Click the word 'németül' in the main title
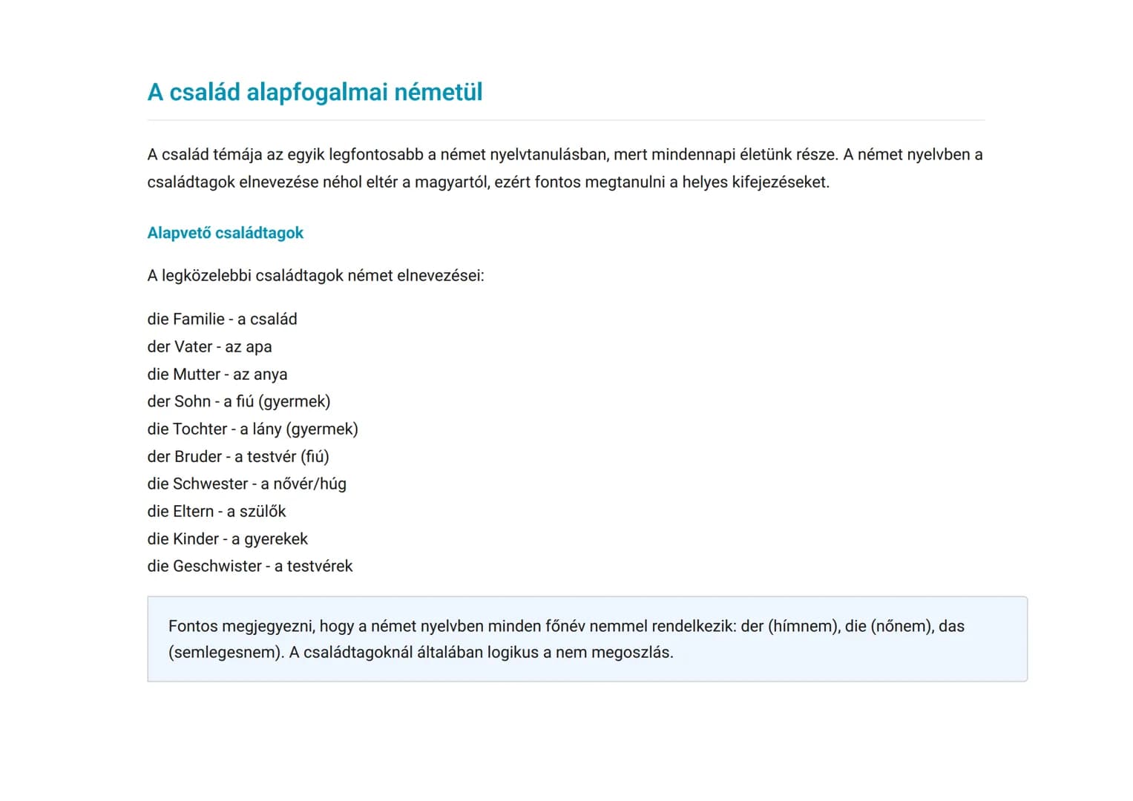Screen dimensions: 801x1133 click(438, 92)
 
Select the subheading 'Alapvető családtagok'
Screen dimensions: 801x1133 click(225, 233)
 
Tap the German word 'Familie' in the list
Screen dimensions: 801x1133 click(198, 319)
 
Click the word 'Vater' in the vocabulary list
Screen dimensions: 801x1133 click(194, 346)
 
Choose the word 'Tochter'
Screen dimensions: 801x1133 click(200, 429)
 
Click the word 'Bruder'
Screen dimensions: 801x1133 click(197, 456)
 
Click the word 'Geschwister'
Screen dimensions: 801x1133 click(217, 566)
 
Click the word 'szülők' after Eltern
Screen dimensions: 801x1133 click(263, 511)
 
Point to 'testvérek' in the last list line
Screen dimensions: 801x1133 click(320, 566)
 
